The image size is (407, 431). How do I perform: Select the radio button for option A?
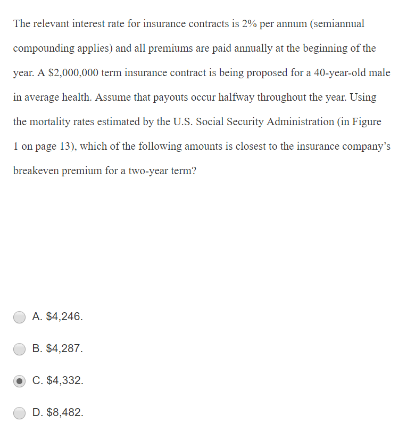[20, 317]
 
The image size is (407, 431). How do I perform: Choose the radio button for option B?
[20, 349]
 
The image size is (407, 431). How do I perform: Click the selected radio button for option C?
[20, 381]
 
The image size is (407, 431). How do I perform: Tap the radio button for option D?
[20, 413]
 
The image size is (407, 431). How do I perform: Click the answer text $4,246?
[64, 317]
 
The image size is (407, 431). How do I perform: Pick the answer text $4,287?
[64, 349]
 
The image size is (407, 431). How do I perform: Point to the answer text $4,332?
[64, 381]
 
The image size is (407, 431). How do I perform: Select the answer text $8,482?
[64, 413]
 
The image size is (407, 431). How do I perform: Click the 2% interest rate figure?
[248, 24]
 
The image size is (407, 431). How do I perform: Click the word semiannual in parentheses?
[339, 24]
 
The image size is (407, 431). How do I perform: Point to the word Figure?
[367, 122]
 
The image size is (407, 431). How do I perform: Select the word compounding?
[44, 48]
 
